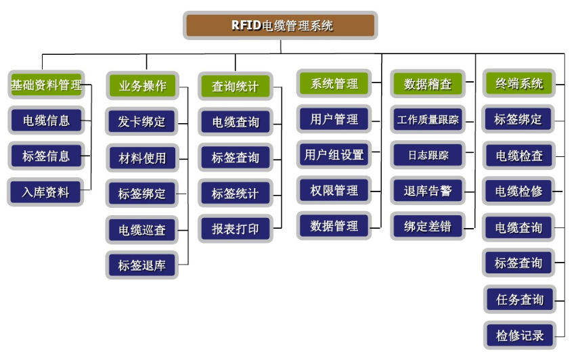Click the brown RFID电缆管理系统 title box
[x=280, y=26]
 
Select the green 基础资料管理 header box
[x=46, y=86]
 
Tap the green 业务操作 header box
[x=142, y=86]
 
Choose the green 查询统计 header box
[x=236, y=87]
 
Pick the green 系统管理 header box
[x=334, y=84]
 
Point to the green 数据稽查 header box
[x=428, y=85]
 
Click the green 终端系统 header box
[x=519, y=84]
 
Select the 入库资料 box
[x=46, y=192]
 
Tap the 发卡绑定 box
[x=142, y=122]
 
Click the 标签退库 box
[x=142, y=265]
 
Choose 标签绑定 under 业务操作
[x=142, y=194]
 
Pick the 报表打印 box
[x=236, y=228]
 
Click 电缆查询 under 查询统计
[x=236, y=122]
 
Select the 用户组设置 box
[x=334, y=155]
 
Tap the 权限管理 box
[x=334, y=190]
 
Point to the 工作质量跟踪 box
[x=428, y=120]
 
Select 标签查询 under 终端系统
[x=519, y=263]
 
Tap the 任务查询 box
[x=519, y=299]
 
